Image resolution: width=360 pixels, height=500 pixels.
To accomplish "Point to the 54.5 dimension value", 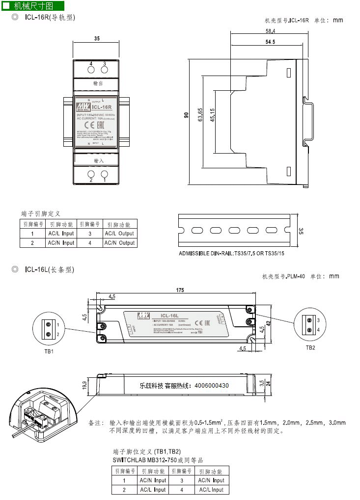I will point(270,42).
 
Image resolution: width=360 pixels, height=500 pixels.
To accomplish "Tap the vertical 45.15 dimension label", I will point(212,117).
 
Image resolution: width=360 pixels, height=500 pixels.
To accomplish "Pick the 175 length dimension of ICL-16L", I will point(180,290).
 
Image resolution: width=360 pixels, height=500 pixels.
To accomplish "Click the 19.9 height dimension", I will point(84,384).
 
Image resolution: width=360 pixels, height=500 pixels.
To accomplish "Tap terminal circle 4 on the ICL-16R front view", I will point(91,71).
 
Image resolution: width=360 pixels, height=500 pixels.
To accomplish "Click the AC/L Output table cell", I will point(119,234).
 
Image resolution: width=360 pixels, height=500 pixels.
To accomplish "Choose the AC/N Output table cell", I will point(119,243).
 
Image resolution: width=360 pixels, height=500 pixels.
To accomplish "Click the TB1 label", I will point(49,352).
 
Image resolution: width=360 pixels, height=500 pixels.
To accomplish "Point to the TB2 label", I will point(310,347).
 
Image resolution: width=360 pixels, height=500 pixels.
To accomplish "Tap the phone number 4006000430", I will point(208,386).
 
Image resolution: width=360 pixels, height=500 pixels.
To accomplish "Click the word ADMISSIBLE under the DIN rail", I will point(195,254).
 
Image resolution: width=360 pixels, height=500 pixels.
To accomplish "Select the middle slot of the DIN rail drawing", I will point(234,230).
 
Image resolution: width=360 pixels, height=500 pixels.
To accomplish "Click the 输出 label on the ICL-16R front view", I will point(98,84).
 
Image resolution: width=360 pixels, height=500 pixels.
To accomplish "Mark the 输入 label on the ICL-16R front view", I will point(99,160).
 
